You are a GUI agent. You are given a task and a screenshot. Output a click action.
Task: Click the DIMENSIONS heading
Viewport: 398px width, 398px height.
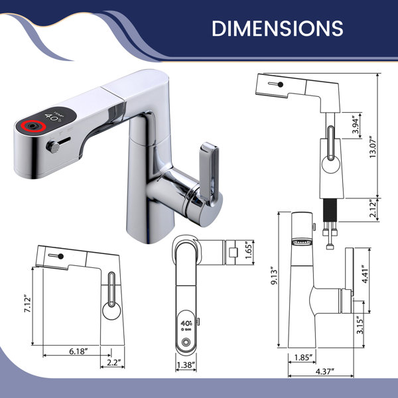tap(277, 28)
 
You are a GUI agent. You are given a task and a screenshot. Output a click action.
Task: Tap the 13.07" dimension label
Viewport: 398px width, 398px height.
tap(373, 147)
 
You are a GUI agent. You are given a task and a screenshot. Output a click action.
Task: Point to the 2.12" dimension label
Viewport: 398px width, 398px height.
tap(373, 210)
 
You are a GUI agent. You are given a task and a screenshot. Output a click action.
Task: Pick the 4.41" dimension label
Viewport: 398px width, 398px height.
tap(365, 275)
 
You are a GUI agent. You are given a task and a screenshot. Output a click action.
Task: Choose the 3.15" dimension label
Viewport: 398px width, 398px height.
tap(360, 325)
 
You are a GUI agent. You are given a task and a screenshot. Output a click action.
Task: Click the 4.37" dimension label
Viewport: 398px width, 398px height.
tap(324, 371)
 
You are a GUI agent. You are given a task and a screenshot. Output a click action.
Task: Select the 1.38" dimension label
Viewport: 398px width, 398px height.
tap(186, 365)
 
